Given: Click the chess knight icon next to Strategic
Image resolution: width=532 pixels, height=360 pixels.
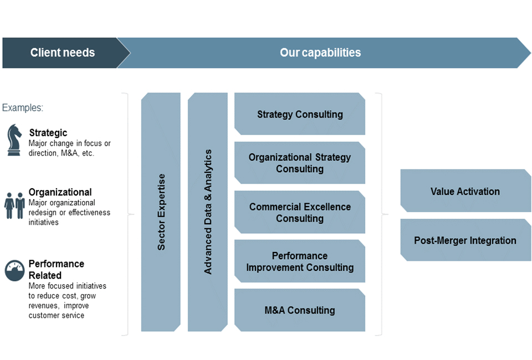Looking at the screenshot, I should (x=14, y=140).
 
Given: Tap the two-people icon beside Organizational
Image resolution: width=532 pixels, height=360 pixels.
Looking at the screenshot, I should (x=14, y=205).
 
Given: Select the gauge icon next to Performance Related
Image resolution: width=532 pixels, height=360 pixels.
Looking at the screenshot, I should (x=14, y=270).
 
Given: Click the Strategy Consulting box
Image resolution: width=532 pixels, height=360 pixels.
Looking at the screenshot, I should (x=300, y=114).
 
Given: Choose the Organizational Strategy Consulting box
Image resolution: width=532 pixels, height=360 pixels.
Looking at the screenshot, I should (x=300, y=163).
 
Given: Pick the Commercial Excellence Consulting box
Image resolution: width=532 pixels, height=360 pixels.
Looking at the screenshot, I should (x=300, y=212).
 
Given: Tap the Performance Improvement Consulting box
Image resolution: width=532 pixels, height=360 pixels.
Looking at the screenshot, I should (x=300, y=261).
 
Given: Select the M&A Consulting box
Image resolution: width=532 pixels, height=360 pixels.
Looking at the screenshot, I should (x=300, y=310).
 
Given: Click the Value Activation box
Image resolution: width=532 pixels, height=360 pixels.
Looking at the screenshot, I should (x=465, y=191).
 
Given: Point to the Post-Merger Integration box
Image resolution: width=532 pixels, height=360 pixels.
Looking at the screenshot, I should (x=465, y=240).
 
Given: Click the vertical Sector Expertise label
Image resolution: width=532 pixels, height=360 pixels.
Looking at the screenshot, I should (x=161, y=212).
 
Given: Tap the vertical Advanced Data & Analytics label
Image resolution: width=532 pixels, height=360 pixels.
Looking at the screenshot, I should (x=208, y=212).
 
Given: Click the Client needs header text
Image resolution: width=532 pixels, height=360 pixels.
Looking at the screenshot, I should (x=63, y=53).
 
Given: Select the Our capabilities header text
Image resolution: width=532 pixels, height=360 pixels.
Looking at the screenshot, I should (x=320, y=53).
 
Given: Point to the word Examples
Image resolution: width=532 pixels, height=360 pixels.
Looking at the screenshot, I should (x=23, y=108).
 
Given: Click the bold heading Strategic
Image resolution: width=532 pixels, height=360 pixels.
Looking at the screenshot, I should (x=48, y=133).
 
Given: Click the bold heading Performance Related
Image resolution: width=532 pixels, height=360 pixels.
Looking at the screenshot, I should (x=57, y=270).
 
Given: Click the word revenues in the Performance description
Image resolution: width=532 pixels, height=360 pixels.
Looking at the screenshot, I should (x=44, y=306).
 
